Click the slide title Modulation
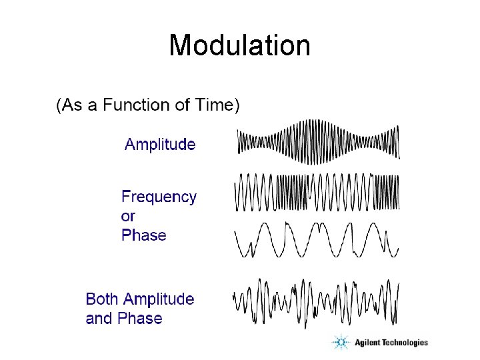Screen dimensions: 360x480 (239, 46)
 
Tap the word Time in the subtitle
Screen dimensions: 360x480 (214, 105)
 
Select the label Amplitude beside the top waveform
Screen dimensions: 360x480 (160, 145)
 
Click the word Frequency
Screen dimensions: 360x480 (159, 197)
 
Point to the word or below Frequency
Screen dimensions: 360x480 (128, 216)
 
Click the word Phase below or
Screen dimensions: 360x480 (143, 235)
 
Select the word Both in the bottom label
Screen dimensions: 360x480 (103, 299)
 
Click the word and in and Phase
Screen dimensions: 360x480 (99, 319)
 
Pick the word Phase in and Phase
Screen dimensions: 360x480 (140, 319)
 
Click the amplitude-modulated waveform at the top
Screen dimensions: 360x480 (319, 141)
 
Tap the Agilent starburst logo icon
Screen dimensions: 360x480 (341, 343)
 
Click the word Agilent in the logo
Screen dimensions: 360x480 (367, 343)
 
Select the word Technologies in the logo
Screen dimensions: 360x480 (405, 343)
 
